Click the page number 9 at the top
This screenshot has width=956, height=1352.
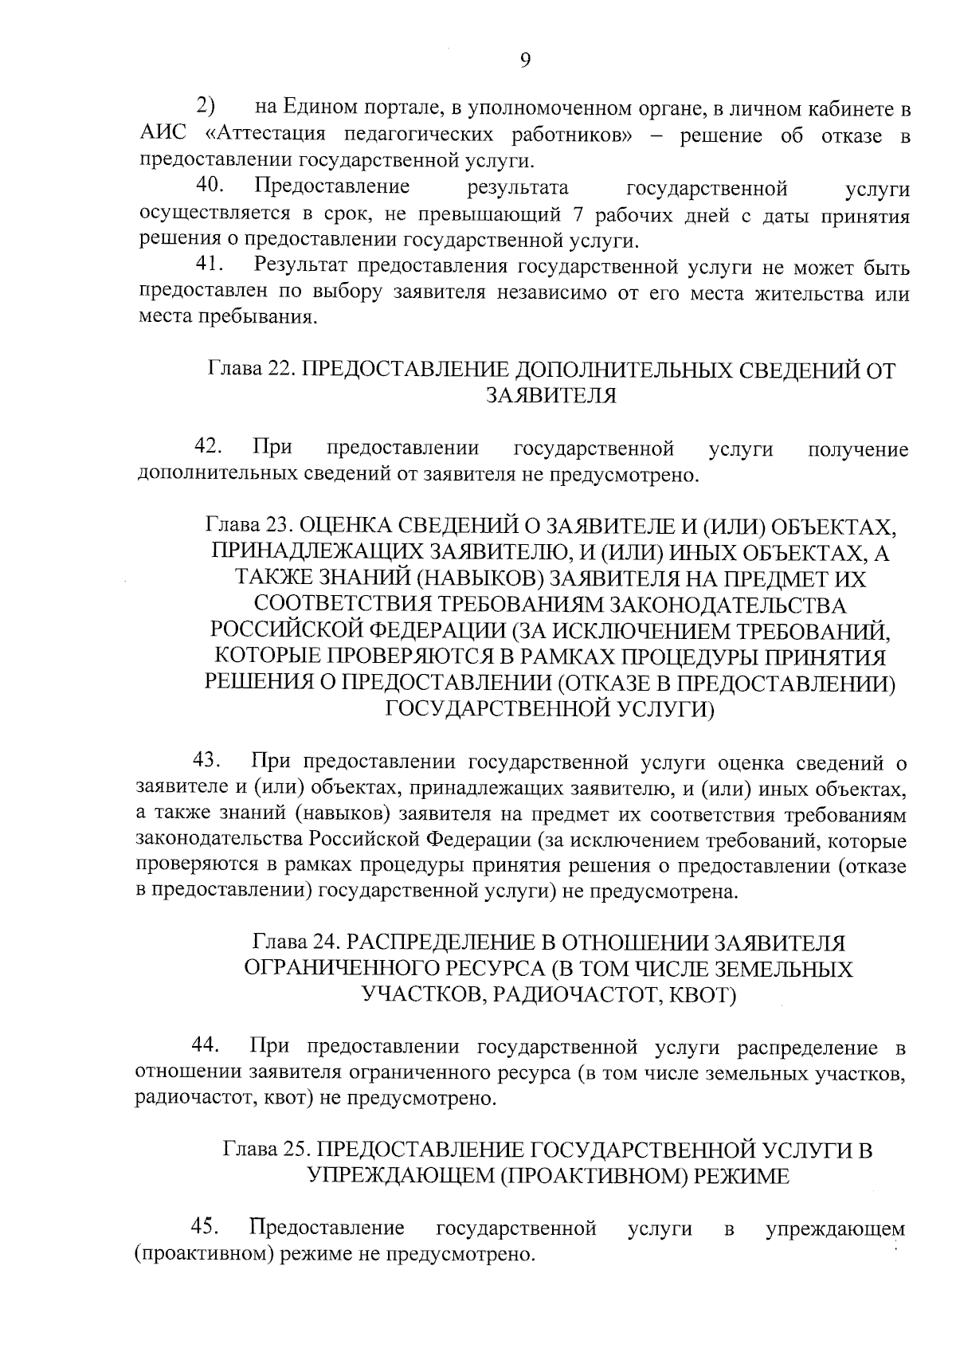click(x=524, y=61)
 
